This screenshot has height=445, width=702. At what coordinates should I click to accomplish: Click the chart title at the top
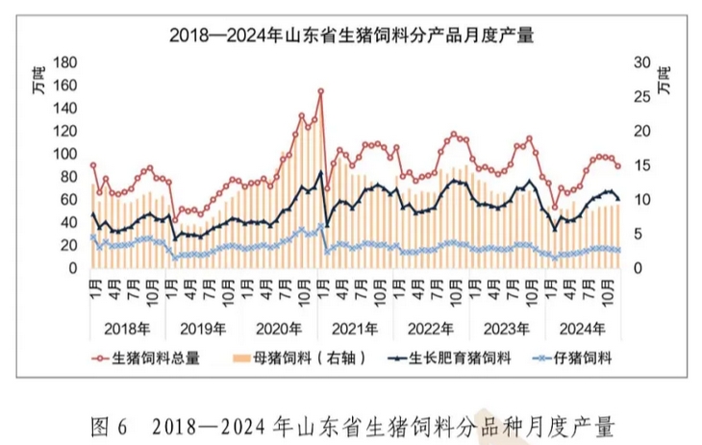(x=352, y=36)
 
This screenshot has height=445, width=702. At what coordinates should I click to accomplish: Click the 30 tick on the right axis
(x=636, y=62)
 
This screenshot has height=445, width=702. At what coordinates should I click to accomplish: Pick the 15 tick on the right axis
(x=636, y=165)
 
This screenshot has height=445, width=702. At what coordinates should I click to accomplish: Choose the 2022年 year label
(x=432, y=328)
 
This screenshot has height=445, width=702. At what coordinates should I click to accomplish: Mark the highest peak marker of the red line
(x=320, y=91)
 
